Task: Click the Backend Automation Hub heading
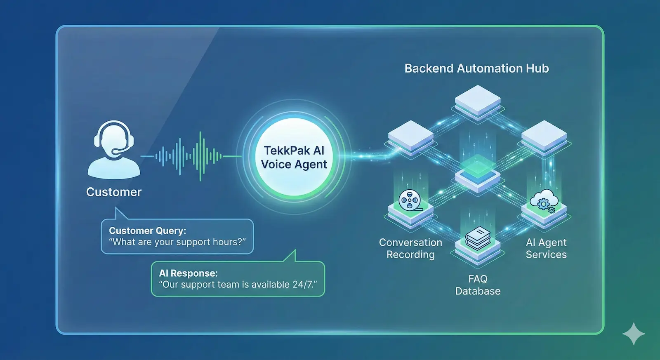coord(476,68)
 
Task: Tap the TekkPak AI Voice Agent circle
coord(294,157)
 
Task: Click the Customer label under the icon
coord(114,192)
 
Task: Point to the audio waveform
coord(190,156)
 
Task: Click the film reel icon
coord(409,200)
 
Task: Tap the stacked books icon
coord(478,238)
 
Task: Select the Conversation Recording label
coord(410,249)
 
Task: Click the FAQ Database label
coord(478,285)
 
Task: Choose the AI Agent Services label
coord(546,249)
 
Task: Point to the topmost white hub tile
coord(478,99)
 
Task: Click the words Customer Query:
coord(147,231)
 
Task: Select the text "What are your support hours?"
coord(177,242)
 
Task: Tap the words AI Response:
coord(188,273)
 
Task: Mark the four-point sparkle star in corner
coord(634,334)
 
